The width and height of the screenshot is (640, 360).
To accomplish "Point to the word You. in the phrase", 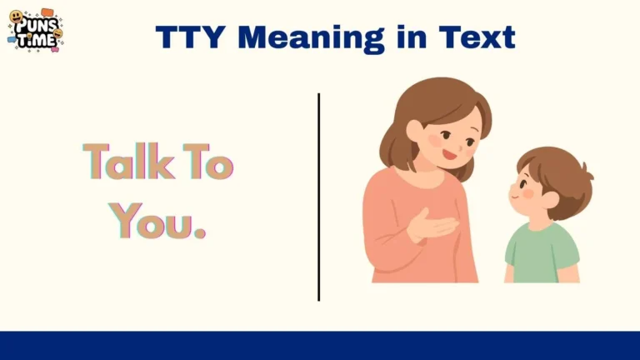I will [157, 219].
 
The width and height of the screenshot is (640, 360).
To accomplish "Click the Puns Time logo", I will [36, 31].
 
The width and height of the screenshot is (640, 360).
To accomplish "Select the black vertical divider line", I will [318, 196].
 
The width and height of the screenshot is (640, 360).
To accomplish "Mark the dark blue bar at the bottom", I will [320, 345].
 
